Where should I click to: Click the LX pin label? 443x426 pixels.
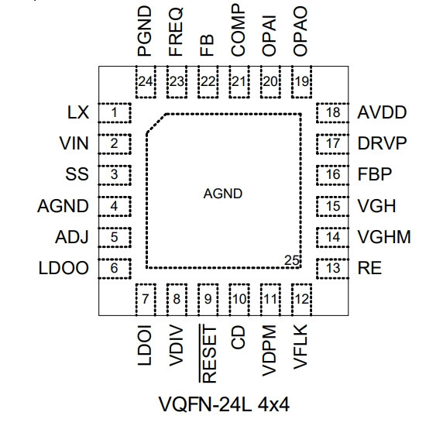78,112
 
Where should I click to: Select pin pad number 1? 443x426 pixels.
115,113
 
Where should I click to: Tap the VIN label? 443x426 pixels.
74,143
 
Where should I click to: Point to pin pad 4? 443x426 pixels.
115,206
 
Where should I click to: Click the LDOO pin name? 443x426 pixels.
64,268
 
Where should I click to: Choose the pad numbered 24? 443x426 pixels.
146,82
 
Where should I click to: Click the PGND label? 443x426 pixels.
144,31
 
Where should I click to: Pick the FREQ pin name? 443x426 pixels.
176,31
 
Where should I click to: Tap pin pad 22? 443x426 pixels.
208,82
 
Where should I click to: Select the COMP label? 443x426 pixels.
238,30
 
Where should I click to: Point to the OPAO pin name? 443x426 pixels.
300,31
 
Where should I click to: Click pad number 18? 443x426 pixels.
332,113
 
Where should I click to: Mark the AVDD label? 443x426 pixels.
382,112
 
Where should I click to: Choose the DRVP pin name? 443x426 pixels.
382,143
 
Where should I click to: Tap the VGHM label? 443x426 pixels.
384,237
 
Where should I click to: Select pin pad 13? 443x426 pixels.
332,268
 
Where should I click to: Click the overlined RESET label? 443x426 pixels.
208,354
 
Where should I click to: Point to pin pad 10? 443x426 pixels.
239,300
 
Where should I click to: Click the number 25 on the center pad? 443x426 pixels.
292,260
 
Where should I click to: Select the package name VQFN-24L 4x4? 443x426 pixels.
225,404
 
